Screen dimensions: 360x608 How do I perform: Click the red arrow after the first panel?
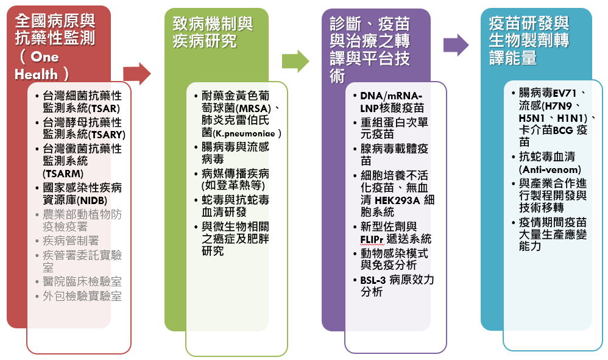point(137,74)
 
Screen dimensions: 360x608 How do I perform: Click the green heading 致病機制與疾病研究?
point(213,32)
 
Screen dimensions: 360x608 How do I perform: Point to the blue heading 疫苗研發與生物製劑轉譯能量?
point(529,41)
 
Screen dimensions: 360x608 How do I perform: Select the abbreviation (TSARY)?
point(108,135)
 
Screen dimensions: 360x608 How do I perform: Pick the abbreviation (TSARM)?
point(59,173)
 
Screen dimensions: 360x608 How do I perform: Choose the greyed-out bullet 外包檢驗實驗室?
point(82,296)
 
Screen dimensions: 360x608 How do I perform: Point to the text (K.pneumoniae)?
point(247,133)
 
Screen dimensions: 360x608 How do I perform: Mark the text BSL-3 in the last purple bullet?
point(373,280)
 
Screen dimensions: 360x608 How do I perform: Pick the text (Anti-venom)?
point(550,169)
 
